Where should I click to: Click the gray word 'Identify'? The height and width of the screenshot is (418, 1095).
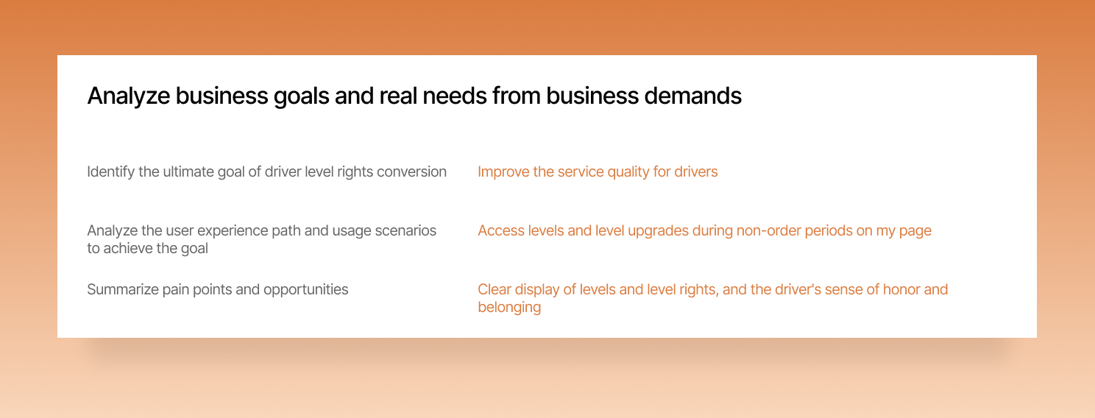click(110, 171)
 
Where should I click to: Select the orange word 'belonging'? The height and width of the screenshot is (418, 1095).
click(509, 307)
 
